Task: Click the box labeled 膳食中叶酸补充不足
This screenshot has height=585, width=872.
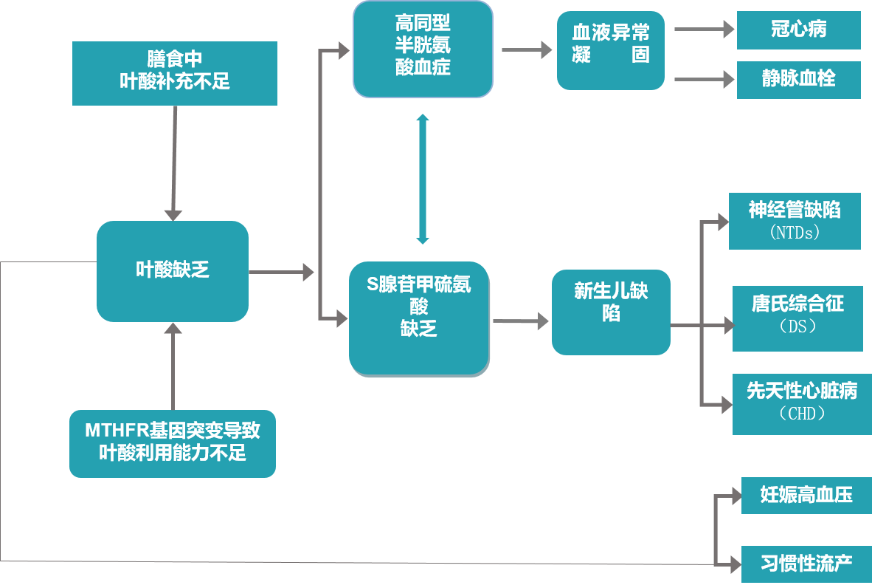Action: [175, 72]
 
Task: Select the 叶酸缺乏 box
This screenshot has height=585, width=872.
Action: [173, 271]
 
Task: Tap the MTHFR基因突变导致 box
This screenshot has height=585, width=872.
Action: [173, 443]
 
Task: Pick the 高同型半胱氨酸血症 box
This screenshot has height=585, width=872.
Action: [423, 49]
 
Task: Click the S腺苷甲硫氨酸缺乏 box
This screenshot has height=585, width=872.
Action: [419, 318]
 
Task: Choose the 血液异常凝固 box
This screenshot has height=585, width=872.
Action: [611, 50]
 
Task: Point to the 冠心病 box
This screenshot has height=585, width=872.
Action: [798, 30]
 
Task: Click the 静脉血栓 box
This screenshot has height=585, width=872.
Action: [798, 79]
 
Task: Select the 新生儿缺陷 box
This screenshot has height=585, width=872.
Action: [611, 312]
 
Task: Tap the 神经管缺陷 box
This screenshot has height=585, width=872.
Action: [795, 220]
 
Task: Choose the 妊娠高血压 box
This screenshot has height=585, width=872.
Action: [806, 495]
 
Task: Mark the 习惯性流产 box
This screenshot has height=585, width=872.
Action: [806, 565]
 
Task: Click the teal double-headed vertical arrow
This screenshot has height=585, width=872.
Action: [422, 179]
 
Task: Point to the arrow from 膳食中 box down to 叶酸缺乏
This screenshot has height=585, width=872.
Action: [174, 162]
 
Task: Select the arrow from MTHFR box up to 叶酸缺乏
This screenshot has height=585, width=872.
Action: [173, 366]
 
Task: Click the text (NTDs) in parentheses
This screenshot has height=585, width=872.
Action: [795, 233]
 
